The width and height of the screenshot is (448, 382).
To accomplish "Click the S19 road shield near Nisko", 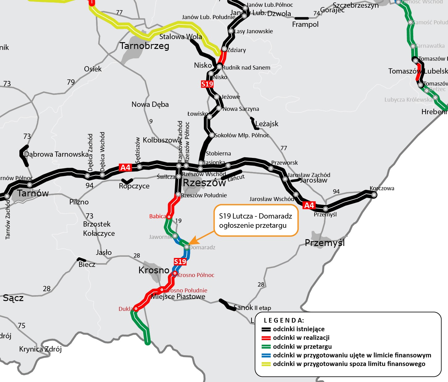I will coord(207,84).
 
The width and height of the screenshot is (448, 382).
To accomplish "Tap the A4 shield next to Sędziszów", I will coord(125,167).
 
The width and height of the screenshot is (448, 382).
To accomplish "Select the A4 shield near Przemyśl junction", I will coord(309,205).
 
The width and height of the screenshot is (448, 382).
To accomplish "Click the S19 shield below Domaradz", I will coord(180,262).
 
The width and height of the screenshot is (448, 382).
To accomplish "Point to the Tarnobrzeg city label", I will coord(144,46).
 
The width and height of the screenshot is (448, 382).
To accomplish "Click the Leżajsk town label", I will coord(267,124).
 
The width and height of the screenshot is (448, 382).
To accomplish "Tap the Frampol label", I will coord(305,24).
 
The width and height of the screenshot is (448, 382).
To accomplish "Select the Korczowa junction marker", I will coord(373,195).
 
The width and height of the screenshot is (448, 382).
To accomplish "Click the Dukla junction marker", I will coord(135,309).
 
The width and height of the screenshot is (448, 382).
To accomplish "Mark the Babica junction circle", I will coord(169,217).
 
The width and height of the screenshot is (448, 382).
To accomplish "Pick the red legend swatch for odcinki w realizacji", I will coord(266,338).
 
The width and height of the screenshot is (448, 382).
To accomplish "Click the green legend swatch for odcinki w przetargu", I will coord(266,347).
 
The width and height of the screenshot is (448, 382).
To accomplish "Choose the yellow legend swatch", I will coord(266,364).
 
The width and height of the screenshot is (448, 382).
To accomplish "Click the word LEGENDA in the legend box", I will coord(284,320).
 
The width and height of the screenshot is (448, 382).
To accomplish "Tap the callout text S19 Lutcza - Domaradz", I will coord(255,216).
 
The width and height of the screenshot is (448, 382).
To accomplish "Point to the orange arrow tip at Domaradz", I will coord(189,244).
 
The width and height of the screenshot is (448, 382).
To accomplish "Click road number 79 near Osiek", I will coord(71,82).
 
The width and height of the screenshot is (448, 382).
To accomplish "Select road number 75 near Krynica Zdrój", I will coord(22,326).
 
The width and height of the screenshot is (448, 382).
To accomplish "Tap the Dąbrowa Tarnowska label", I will coord(56,154).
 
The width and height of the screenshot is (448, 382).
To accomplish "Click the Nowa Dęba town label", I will coord(150,104).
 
